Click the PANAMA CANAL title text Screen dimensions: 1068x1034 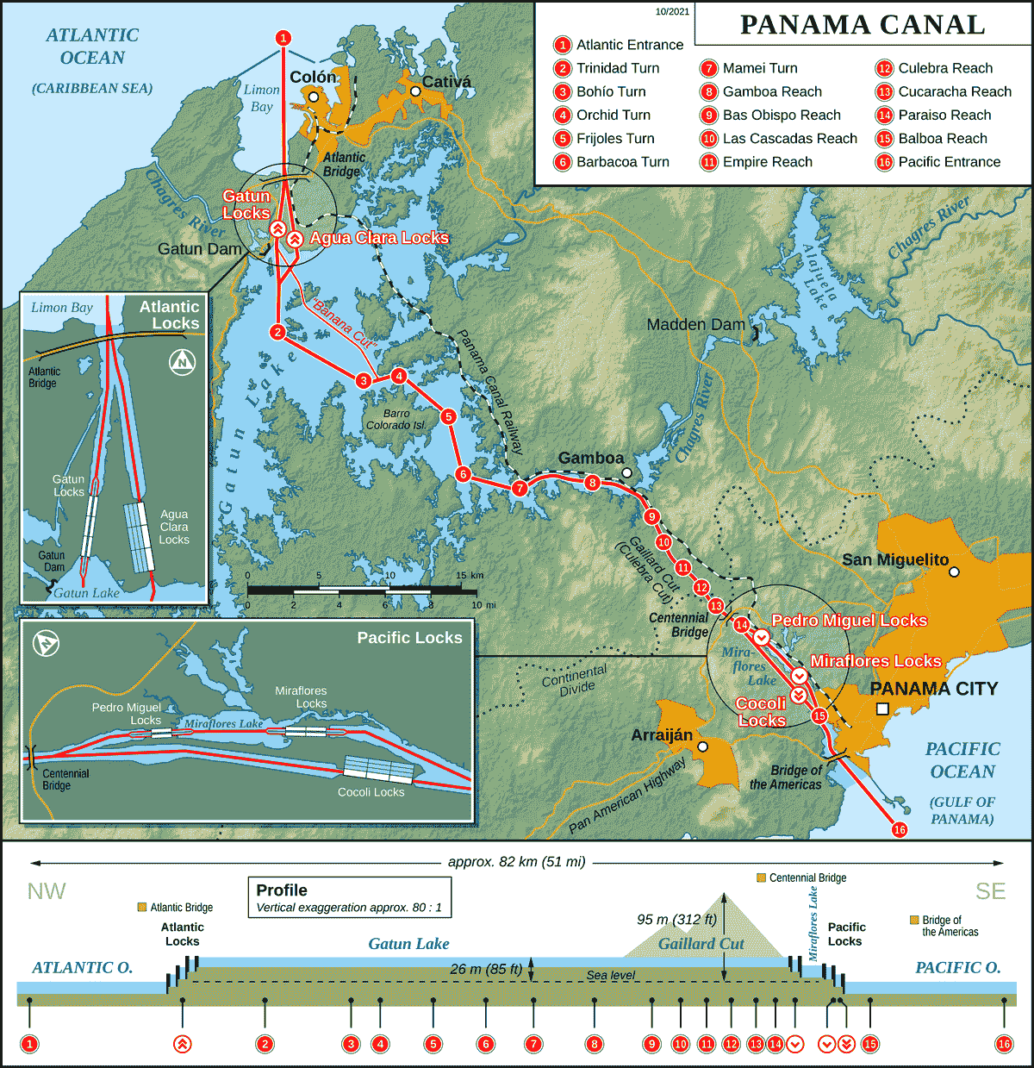pos(862,24)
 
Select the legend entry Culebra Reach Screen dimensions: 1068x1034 pos(944,68)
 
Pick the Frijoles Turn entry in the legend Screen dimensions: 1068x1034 pos(615,138)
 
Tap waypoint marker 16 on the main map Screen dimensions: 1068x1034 pos(900,829)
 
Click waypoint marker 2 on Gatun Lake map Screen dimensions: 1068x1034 pos(277,332)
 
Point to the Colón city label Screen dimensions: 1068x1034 pos(313,78)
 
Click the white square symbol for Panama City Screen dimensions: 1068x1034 pos(882,709)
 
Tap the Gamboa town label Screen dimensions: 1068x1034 pos(590,459)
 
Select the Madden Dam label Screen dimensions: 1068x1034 pos(695,325)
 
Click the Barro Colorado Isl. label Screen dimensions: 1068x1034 pos(396,420)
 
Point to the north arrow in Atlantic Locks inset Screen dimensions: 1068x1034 pos(182,362)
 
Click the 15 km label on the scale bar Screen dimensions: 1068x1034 pos(470,575)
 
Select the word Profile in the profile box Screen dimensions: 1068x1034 pos(282,890)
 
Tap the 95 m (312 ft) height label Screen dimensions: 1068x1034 pos(676,919)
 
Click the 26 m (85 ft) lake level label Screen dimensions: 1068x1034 pos(486,969)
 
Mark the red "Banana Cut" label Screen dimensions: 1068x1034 pos(346,323)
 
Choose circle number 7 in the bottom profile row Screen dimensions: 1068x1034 pos(533,1044)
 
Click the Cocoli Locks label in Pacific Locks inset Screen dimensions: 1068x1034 pos(371,792)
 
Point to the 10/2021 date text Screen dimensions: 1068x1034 pos(672,11)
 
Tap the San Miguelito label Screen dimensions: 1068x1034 pos(895,559)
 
